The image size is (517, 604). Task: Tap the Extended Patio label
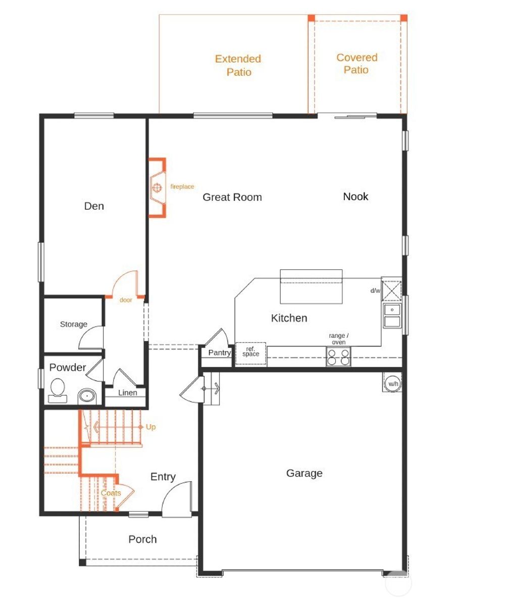(238, 66)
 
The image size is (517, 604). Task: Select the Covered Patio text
(356, 64)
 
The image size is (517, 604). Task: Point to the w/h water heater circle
(393, 384)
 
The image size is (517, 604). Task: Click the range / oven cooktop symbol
(338, 357)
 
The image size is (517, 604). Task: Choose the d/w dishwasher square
(392, 289)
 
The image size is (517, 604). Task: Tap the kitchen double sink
(392, 316)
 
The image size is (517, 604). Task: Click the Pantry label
(220, 353)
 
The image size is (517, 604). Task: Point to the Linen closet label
(127, 393)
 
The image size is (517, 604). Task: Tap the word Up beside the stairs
(150, 427)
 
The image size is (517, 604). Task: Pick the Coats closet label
(111, 493)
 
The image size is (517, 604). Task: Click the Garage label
(304, 473)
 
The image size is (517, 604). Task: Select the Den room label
(94, 206)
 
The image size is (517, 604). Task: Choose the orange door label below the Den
(126, 300)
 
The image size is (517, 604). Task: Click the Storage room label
(74, 324)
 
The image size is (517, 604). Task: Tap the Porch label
(142, 539)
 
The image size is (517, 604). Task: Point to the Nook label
(355, 196)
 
